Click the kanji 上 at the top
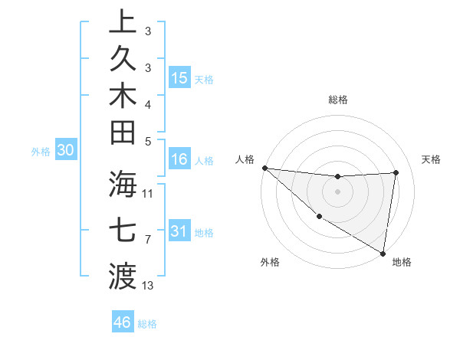(x=123, y=23)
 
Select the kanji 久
(x=123, y=60)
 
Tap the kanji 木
(x=123, y=97)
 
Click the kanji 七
(x=123, y=229)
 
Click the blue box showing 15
(x=179, y=77)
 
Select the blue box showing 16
(x=179, y=159)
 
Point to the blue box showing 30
(x=65, y=151)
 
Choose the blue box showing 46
(x=122, y=322)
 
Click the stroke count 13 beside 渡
(x=148, y=286)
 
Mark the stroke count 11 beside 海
(x=148, y=193)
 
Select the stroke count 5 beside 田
(x=148, y=141)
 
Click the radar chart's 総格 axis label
(x=338, y=100)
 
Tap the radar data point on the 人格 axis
(x=264, y=168)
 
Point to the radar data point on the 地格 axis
(x=383, y=253)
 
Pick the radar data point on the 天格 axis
(x=396, y=172)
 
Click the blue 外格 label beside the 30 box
(x=41, y=152)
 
